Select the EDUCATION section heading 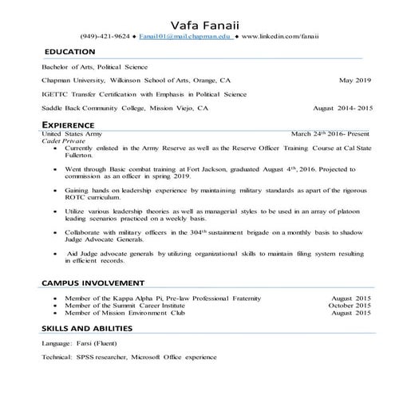tap(70, 52)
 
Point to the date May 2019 tap(355, 81)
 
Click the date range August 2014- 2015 tap(342, 108)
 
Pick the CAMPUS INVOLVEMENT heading tap(93, 282)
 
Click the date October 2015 tap(350, 305)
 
